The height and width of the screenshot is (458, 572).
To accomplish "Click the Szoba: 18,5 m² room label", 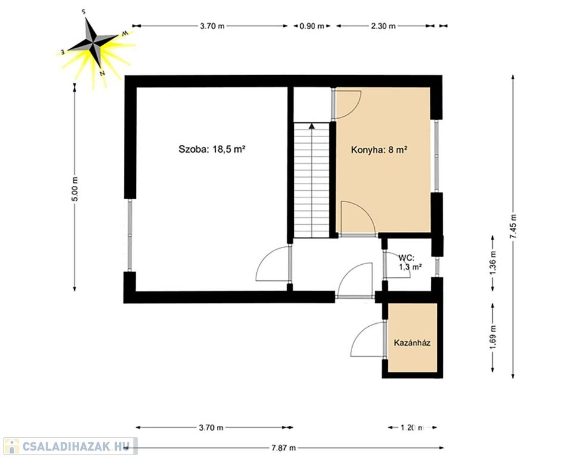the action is pyautogui.click(x=212, y=149).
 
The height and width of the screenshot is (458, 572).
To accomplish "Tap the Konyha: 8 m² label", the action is pyautogui.click(x=379, y=150).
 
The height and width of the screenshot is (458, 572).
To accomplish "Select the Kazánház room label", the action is pyautogui.click(x=412, y=342).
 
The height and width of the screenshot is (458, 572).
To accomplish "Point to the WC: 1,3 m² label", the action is pyautogui.click(x=411, y=262).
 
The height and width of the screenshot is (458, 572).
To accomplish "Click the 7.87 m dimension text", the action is pyautogui.click(x=284, y=448).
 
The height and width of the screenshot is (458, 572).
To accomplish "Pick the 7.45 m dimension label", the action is pyautogui.click(x=513, y=227).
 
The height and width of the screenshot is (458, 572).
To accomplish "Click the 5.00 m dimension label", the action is pyautogui.click(x=74, y=188).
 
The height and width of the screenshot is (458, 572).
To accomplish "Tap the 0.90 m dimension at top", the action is pyautogui.click(x=312, y=26).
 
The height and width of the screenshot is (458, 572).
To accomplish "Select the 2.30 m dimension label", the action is pyautogui.click(x=383, y=26).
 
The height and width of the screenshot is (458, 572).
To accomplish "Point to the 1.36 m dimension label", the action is pyautogui.click(x=493, y=262).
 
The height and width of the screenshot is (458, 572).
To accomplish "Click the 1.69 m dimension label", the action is pyautogui.click(x=493, y=337).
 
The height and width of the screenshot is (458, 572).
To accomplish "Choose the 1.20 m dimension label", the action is pyautogui.click(x=412, y=428).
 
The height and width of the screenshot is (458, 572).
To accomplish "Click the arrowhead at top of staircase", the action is pyautogui.click(x=312, y=126).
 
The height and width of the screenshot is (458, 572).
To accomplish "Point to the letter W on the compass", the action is pyautogui.click(x=125, y=34).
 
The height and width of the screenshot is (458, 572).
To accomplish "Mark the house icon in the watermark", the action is pyautogui.click(x=12, y=446).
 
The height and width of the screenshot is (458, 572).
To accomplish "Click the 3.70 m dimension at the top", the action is pyautogui.click(x=212, y=26).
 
